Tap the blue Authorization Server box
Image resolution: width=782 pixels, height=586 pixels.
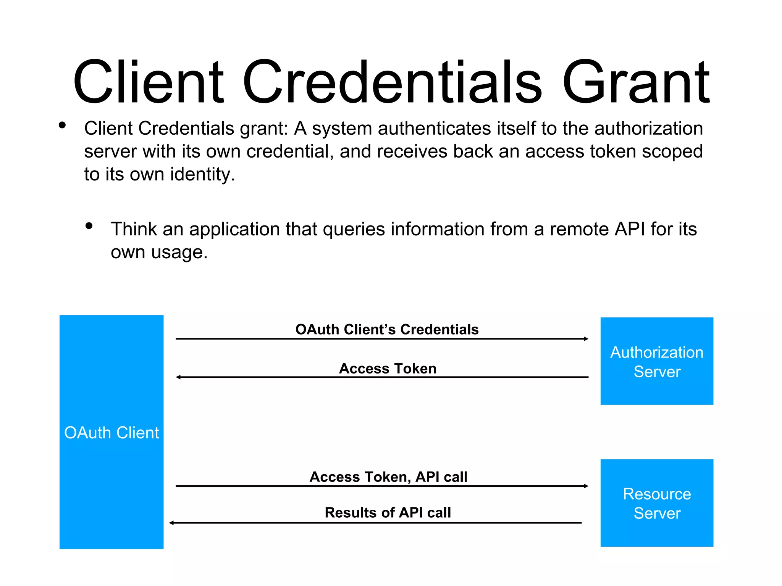tap(656, 361)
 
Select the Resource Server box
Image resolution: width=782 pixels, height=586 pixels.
tap(656, 503)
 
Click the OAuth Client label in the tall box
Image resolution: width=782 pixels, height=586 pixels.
tap(111, 433)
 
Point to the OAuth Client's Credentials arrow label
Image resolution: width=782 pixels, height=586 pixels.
tap(387, 329)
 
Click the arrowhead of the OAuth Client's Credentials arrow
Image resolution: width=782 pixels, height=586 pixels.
tap(586, 339)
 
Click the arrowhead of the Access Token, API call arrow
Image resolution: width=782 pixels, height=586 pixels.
tap(586, 486)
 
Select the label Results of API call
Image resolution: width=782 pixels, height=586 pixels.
tap(388, 512)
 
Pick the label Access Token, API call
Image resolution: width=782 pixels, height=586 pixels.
tap(388, 477)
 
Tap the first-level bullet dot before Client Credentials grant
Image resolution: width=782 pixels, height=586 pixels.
tap(62, 125)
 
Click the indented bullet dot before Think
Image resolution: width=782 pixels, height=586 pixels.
tap(89, 226)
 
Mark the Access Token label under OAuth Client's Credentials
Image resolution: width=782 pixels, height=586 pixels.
tap(388, 369)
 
